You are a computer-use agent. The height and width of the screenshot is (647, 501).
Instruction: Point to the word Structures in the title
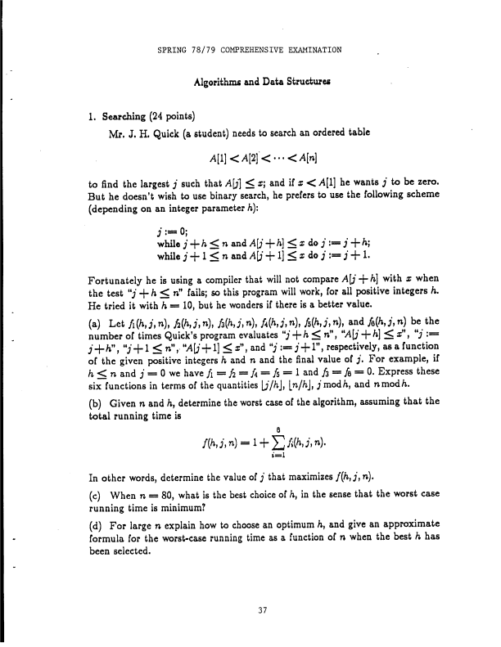point(293,82)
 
